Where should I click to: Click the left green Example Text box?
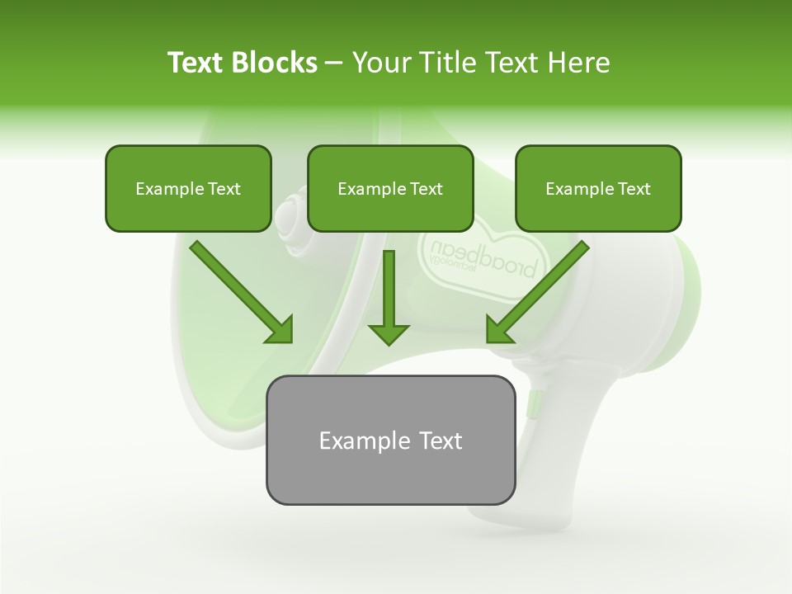[188, 188]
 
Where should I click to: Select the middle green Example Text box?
[390, 188]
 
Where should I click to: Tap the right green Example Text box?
[598, 188]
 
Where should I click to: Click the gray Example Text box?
[390, 440]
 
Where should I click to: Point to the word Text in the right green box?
[634, 189]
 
